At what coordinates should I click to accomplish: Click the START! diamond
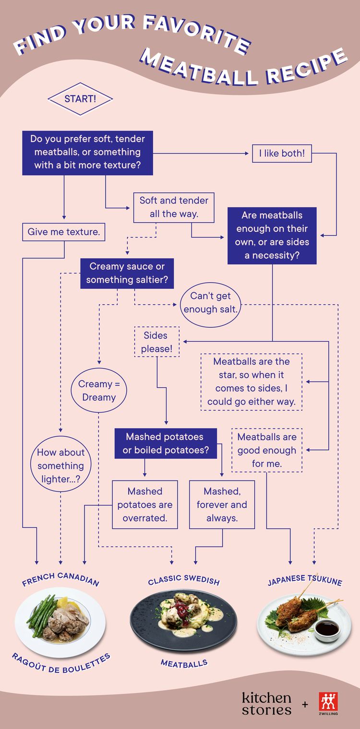[80, 99]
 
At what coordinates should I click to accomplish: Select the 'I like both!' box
[282, 154]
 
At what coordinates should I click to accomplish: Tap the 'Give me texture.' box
[64, 232]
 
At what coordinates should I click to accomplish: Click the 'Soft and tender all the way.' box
[174, 207]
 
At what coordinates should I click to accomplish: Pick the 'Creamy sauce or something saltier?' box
[127, 273]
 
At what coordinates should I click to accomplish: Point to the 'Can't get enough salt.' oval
[210, 303]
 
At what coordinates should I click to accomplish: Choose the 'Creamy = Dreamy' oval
[99, 391]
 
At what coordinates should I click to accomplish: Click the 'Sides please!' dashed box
[156, 342]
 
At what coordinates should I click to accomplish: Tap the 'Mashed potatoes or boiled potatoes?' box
[165, 443]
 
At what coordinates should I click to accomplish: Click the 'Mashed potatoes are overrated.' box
[145, 504]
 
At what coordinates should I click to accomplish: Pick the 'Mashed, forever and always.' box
[222, 504]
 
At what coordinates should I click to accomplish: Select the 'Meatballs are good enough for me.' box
[267, 450]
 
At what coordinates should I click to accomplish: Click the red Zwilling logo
[328, 702]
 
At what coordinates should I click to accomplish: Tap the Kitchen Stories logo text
[266, 704]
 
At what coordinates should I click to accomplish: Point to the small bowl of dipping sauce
[327, 627]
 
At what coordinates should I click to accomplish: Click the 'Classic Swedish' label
[184, 580]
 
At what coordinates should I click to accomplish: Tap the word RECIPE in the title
[307, 67]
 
